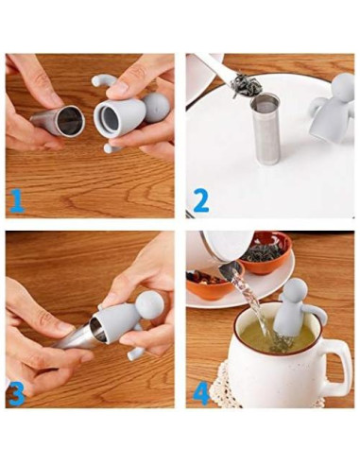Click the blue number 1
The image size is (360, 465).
(17, 200)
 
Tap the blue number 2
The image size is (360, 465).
(200, 200)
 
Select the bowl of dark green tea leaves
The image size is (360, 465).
(266, 251)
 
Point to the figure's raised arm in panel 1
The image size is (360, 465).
(101, 82)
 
